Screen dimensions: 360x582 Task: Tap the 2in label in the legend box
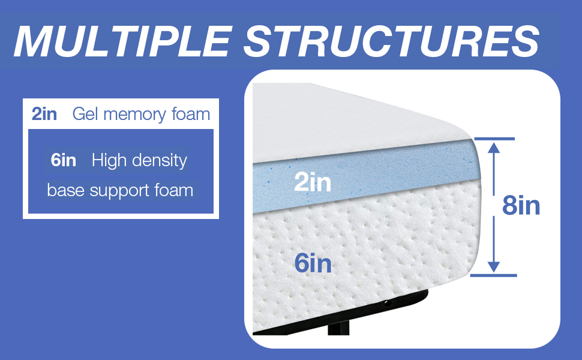click(44, 114)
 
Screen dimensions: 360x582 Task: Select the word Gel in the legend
click(85, 114)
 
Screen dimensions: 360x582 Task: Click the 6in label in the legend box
click(64, 161)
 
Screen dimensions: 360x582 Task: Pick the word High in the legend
click(109, 161)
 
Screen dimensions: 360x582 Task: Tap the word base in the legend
click(65, 191)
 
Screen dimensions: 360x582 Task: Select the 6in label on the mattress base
click(313, 263)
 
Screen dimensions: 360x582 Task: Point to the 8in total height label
click(521, 206)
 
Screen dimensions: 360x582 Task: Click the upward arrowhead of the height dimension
click(493, 147)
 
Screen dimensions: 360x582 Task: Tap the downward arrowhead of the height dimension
click(493, 268)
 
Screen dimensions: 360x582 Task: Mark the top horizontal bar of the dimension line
click(494, 139)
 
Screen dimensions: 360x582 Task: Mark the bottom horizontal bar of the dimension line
click(494, 275)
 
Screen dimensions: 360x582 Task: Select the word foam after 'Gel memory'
click(191, 114)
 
